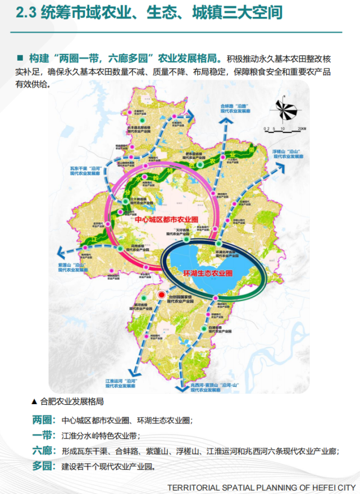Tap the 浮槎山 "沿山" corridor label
[x=288, y=154]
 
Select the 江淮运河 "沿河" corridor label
[x=120, y=383]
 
